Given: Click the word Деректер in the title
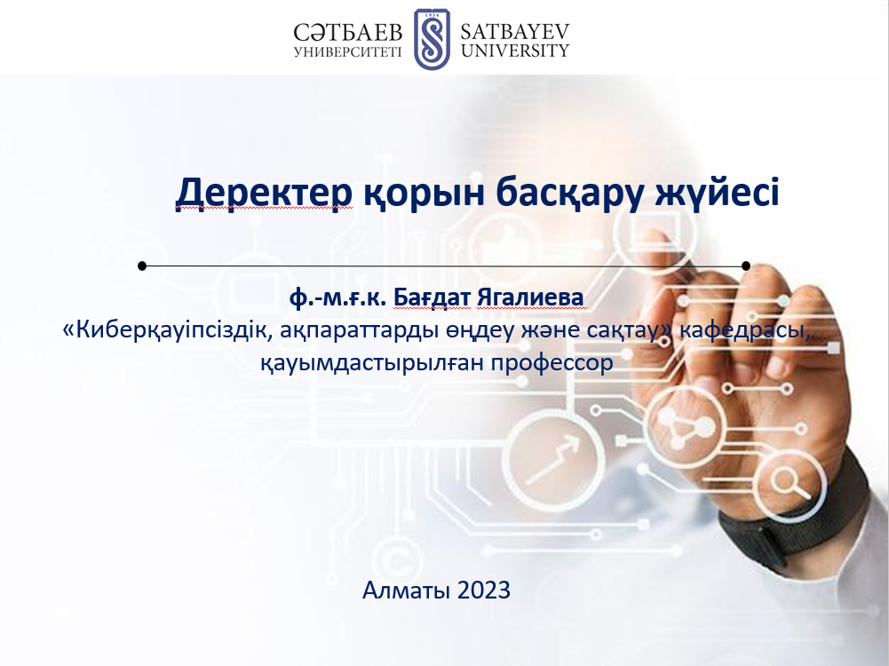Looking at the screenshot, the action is coord(264,193).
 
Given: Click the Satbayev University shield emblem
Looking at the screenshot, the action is coord(432,38).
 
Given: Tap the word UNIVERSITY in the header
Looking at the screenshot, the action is coord(515,51).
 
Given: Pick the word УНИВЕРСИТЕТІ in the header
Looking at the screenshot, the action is coord(347,52).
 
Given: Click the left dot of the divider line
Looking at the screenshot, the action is coord(142,266).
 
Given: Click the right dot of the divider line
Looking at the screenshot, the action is coord(746,266).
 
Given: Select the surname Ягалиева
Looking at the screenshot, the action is coord(530,297).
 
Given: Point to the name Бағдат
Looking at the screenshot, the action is coord(432,297).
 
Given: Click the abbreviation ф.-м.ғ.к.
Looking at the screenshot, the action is coord(337,298).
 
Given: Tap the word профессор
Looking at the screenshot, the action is coord(552,363).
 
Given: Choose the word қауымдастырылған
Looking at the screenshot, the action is coord(372,363).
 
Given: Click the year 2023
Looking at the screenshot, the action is coord(484,590).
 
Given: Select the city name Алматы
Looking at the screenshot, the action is coord(407,590).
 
